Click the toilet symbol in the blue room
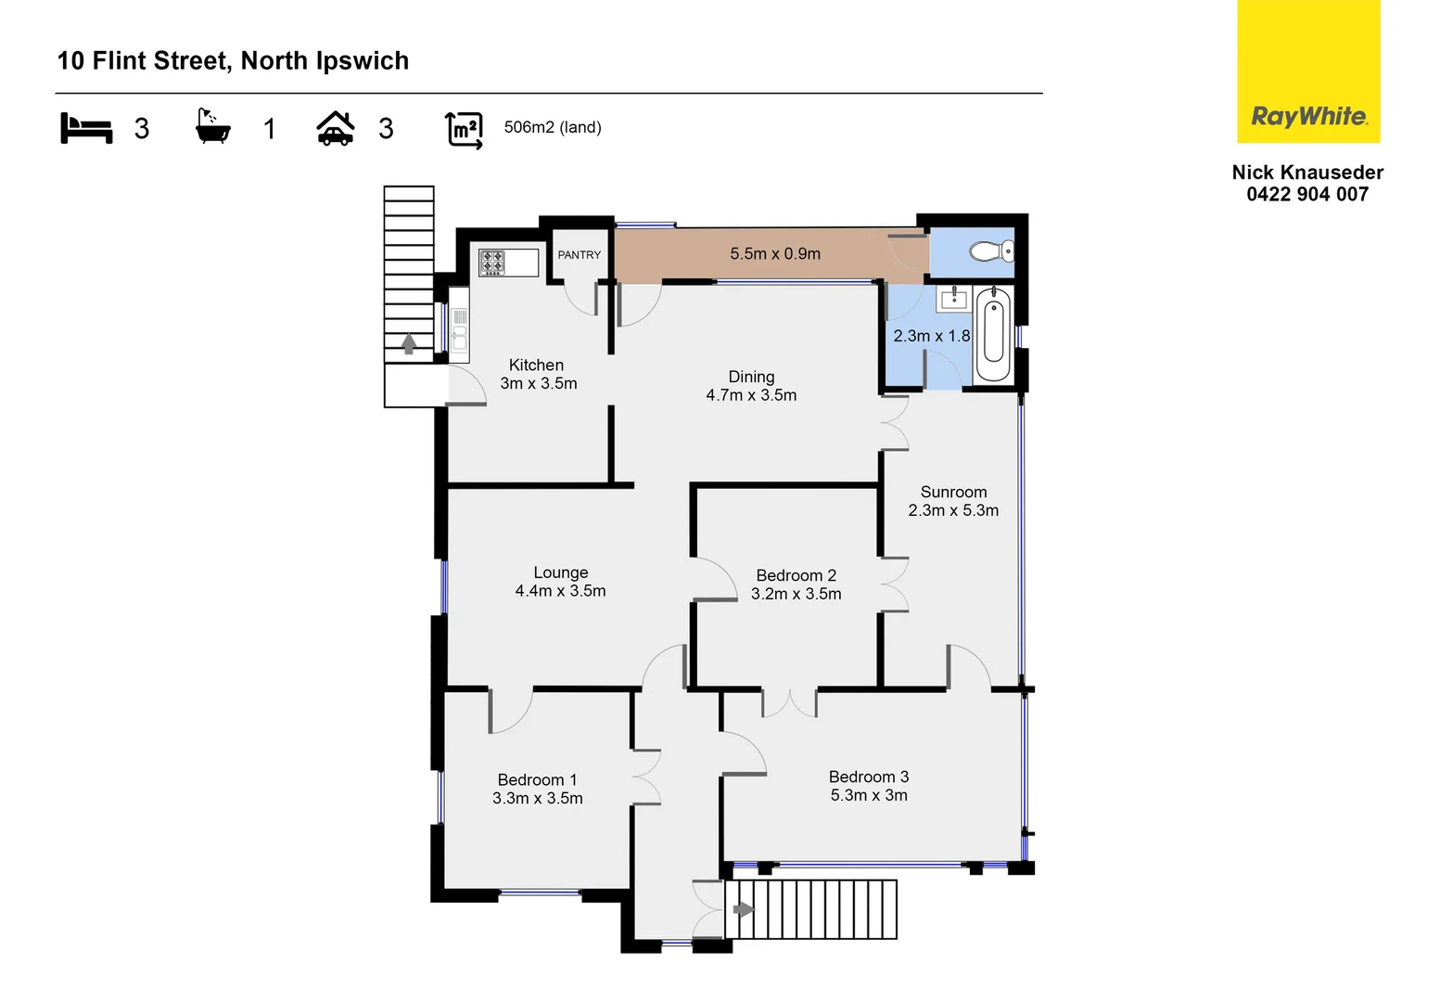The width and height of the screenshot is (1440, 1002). point(991,251)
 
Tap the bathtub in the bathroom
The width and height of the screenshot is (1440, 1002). point(993,335)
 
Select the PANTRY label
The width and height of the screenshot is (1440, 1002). point(579,255)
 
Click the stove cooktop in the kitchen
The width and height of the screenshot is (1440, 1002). point(492,263)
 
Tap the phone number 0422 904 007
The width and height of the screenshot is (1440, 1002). point(1307,195)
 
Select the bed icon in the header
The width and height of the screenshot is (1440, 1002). point(86,128)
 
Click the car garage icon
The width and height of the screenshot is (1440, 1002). point(336,129)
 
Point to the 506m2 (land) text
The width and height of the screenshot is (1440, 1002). point(553,128)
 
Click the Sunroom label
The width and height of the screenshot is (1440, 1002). point(953,493)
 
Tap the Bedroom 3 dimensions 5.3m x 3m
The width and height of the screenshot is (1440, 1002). point(869,796)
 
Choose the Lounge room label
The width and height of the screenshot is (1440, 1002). point(560,573)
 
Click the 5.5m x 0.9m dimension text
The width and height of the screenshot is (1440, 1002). point(774,254)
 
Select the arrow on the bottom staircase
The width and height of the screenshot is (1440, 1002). point(744,909)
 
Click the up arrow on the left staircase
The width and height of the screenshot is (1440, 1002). point(409,344)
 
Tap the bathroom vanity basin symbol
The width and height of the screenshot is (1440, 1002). point(953,300)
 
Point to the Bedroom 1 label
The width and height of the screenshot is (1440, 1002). point(537,780)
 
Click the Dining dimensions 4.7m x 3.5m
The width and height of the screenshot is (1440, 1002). point(751,395)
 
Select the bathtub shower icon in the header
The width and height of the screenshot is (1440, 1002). point(212,127)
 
